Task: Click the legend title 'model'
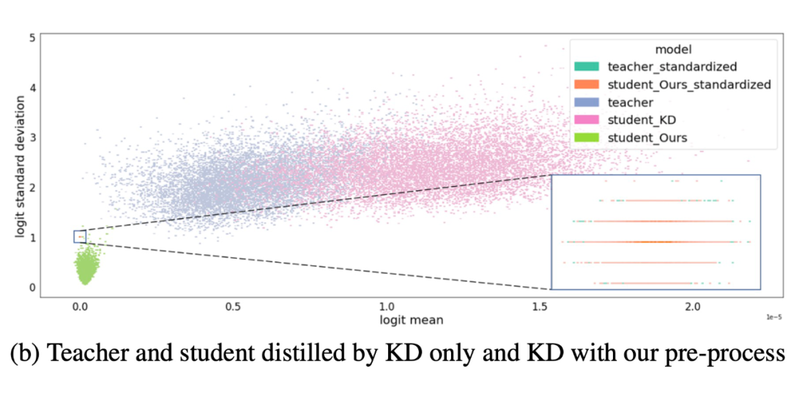[x=669, y=49]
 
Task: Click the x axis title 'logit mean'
[x=411, y=319]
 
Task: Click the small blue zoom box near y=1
[x=80, y=237]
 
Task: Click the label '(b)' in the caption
[x=25, y=354]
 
